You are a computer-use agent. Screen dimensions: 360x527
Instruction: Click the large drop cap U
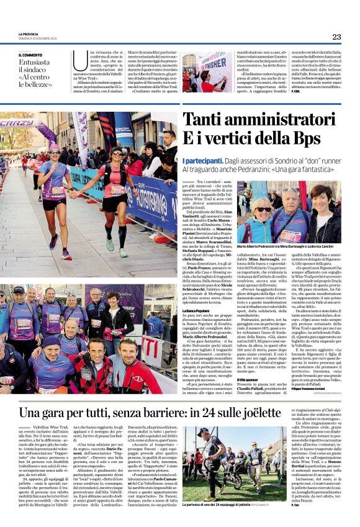click(79, 61)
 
